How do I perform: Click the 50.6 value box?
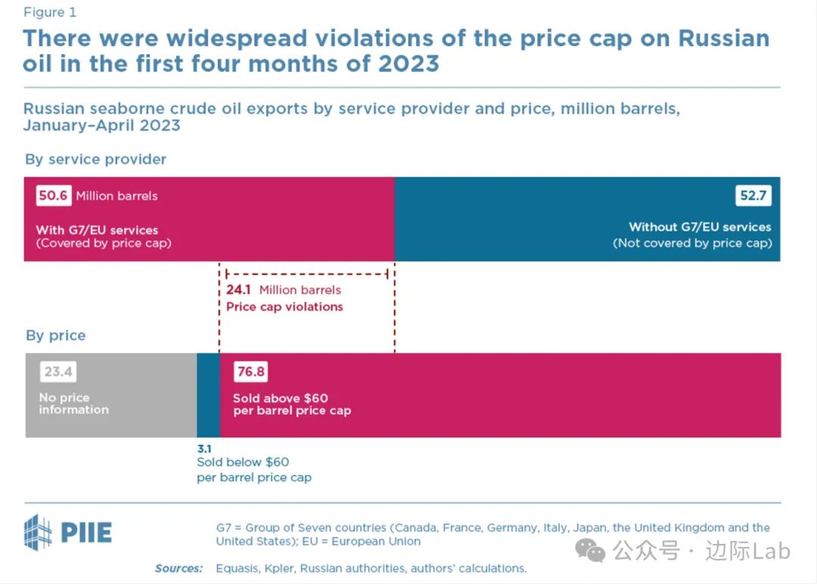click(x=53, y=196)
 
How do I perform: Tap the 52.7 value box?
click(x=753, y=196)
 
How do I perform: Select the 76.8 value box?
click(x=249, y=372)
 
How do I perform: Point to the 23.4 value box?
click(x=58, y=372)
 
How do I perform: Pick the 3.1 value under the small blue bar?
click(x=204, y=448)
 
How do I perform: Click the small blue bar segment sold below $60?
click(x=208, y=395)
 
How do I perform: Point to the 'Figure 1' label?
click(x=49, y=12)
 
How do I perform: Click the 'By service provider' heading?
click(x=95, y=160)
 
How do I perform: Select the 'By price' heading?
click(x=55, y=336)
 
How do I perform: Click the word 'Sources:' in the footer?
click(x=179, y=568)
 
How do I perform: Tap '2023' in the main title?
click(x=402, y=63)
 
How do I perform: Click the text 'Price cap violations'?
click(x=284, y=306)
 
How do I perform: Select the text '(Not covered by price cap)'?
click(x=691, y=243)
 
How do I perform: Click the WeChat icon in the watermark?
click(x=591, y=550)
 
